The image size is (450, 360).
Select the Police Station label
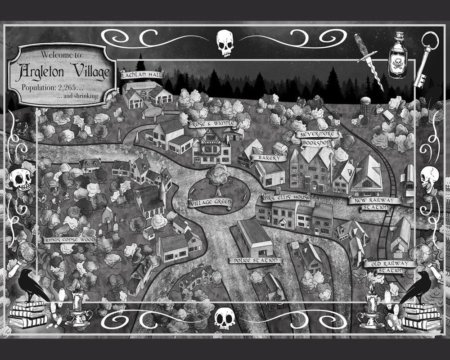click(255, 261)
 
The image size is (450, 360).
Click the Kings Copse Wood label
click(70, 240)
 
